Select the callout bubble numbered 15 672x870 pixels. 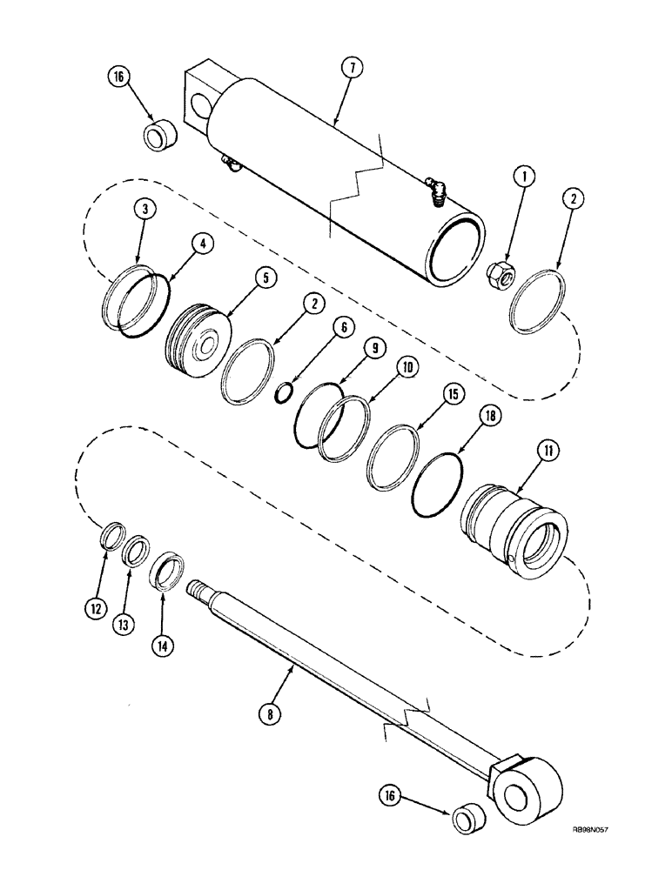(453, 395)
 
